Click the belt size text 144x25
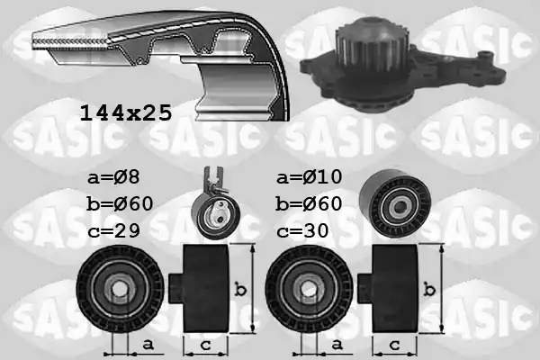click(126, 112)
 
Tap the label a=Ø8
click(113, 177)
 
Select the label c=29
click(113, 230)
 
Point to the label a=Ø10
click(310, 176)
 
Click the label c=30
click(302, 230)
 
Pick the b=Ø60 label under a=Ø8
click(120, 203)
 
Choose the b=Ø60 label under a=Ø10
click(309, 203)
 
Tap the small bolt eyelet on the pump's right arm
click(487, 55)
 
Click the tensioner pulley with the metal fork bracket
click(216, 216)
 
